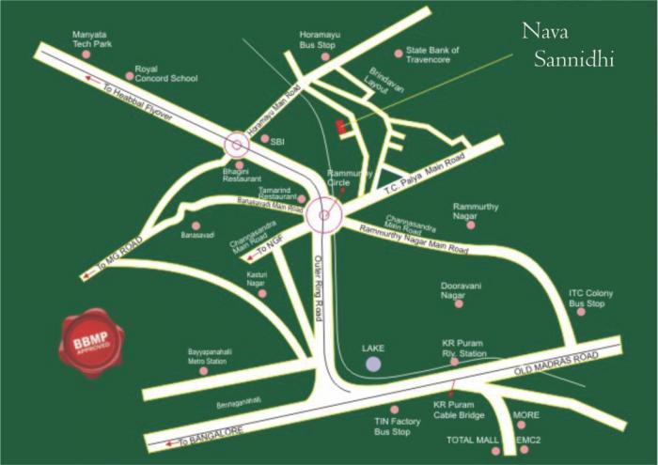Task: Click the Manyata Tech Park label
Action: tap(93, 39)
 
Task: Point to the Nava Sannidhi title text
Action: tap(568, 46)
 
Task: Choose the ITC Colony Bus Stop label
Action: tap(591, 299)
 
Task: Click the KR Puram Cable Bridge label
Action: tap(459, 411)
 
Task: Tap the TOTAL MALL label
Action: tap(471, 439)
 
